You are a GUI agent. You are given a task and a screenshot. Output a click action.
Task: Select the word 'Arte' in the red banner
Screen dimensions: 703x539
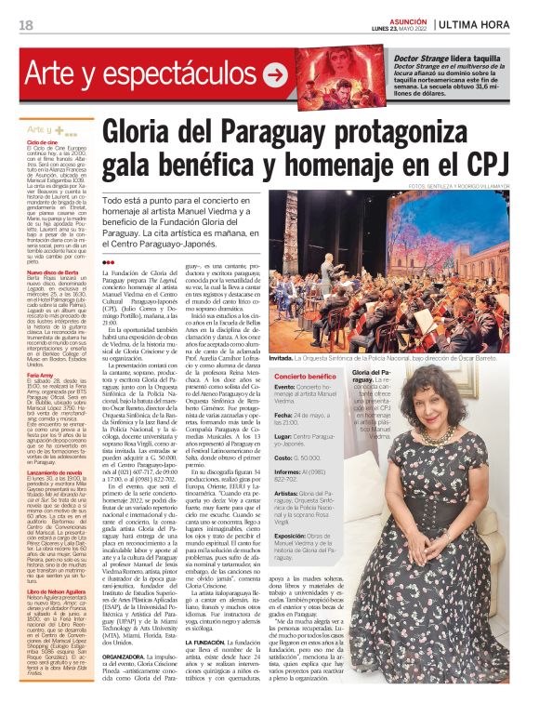(58, 74)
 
